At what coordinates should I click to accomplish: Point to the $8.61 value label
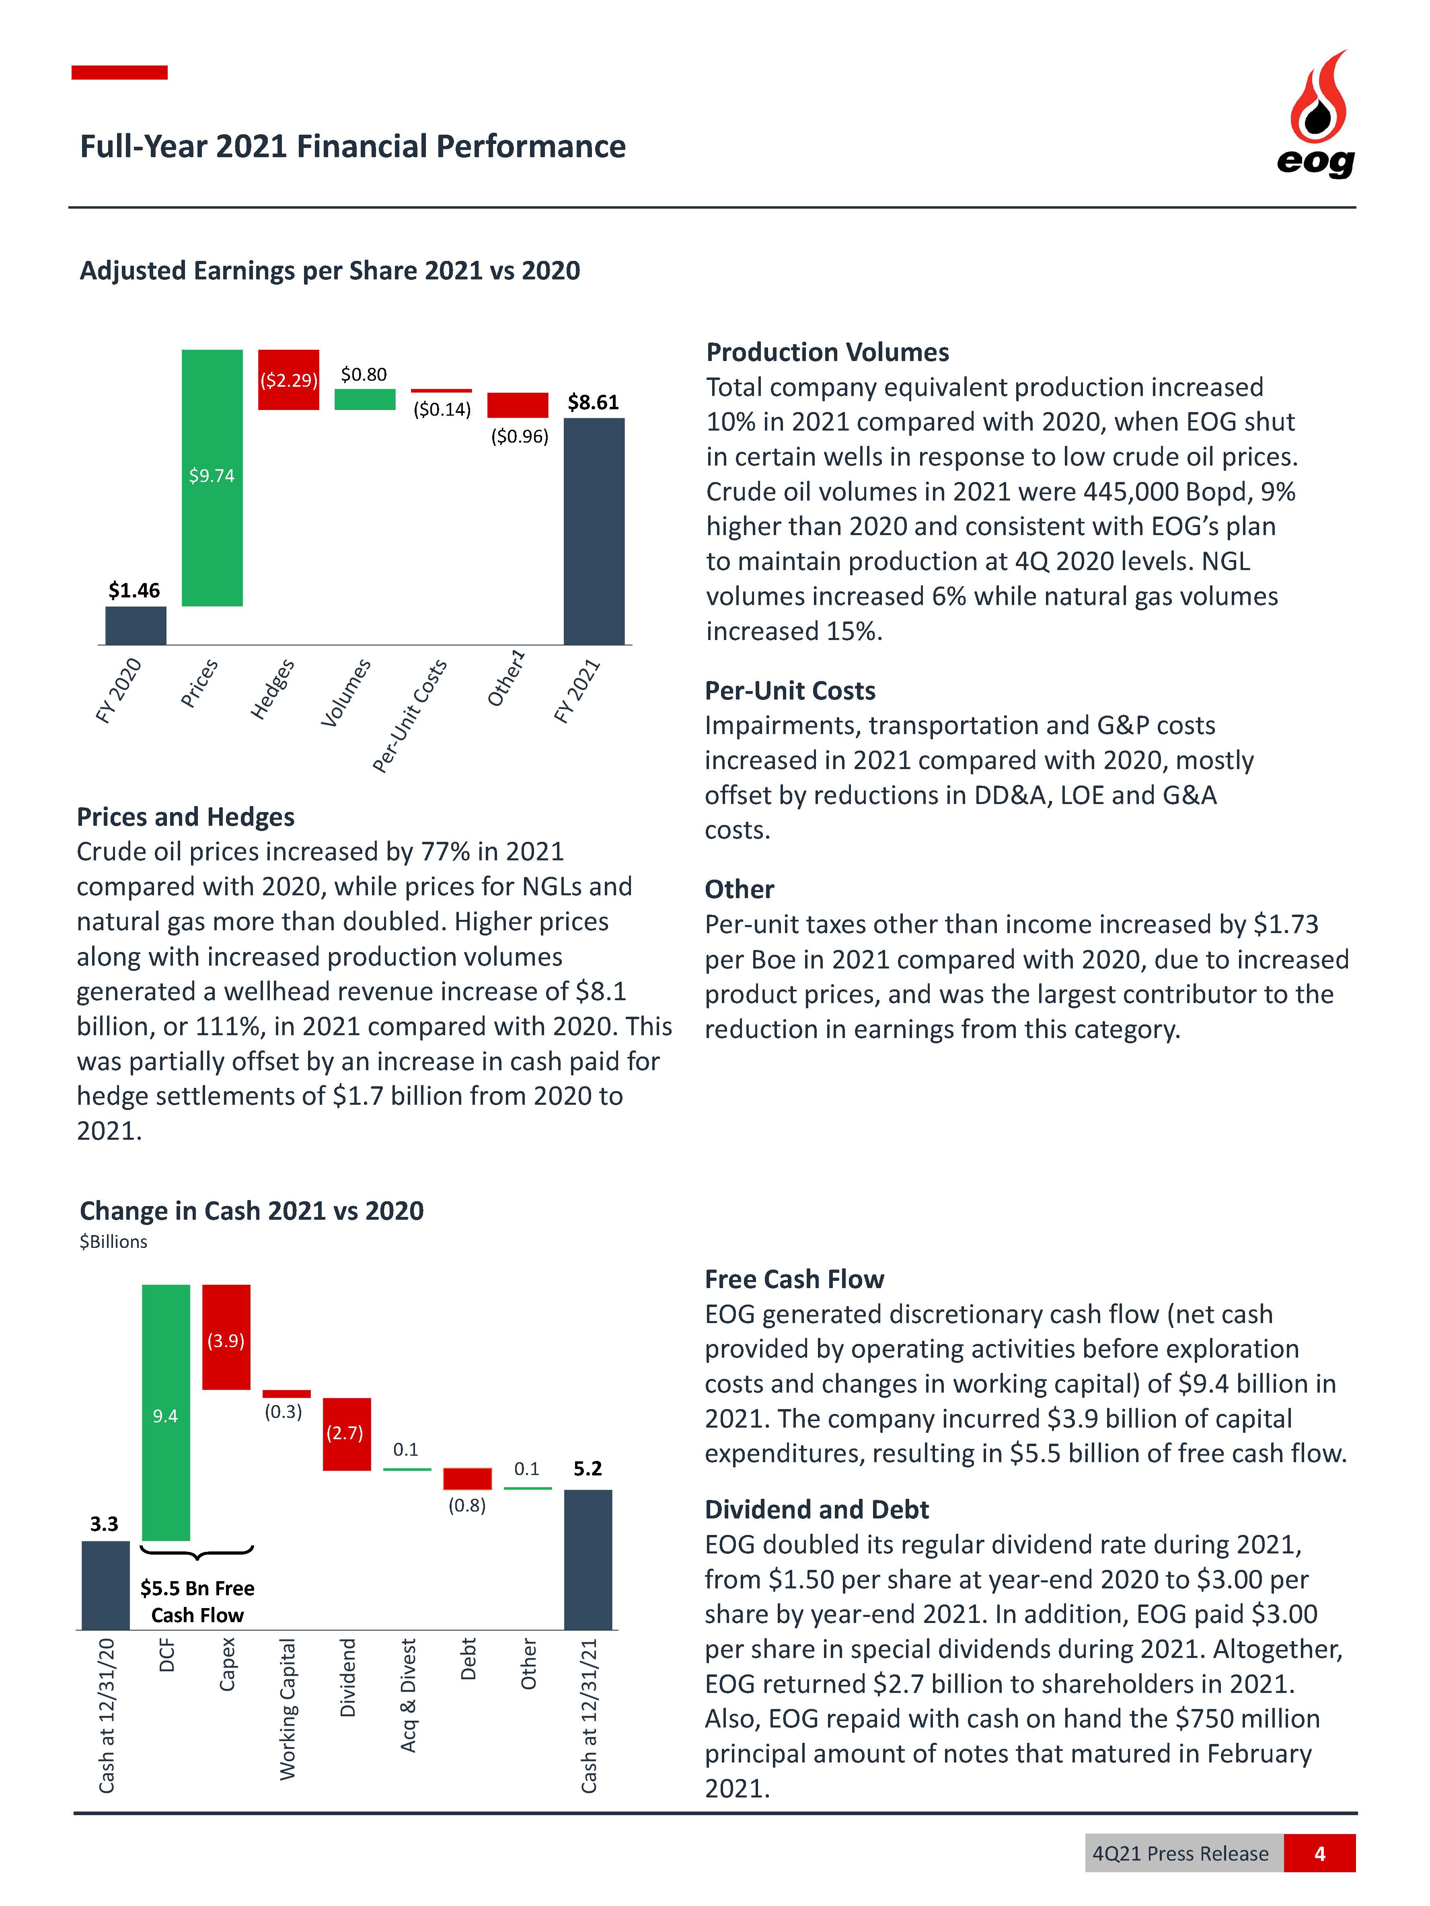pos(593,402)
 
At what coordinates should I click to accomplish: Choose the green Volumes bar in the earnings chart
pos(365,399)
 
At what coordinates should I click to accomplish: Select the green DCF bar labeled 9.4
pos(166,1412)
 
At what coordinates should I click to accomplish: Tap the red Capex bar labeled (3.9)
pos(226,1337)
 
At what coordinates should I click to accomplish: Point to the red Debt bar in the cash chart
pos(467,1479)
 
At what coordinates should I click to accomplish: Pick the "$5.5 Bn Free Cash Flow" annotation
pos(197,1601)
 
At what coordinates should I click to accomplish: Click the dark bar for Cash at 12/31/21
pos(588,1559)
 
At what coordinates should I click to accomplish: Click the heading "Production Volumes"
pos(828,353)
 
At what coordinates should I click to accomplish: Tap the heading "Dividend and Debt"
pos(816,1510)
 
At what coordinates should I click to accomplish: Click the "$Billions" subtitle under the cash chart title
pos(113,1242)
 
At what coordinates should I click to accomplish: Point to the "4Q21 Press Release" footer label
pos(1180,1853)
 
